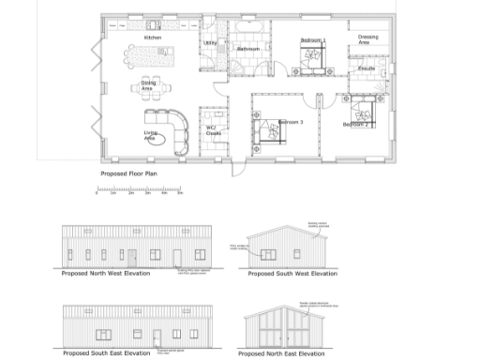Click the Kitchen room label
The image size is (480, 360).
[152, 37]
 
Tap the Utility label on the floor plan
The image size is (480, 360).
[210, 43]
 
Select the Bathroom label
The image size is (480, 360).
[248, 48]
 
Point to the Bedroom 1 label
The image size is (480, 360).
[313, 40]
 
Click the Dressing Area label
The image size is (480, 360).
[368, 39]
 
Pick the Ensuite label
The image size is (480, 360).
[367, 68]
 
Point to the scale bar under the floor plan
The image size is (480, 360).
[139, 194]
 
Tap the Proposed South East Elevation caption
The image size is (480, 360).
[106, 352]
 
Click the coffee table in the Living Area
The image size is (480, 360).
[156, 142]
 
